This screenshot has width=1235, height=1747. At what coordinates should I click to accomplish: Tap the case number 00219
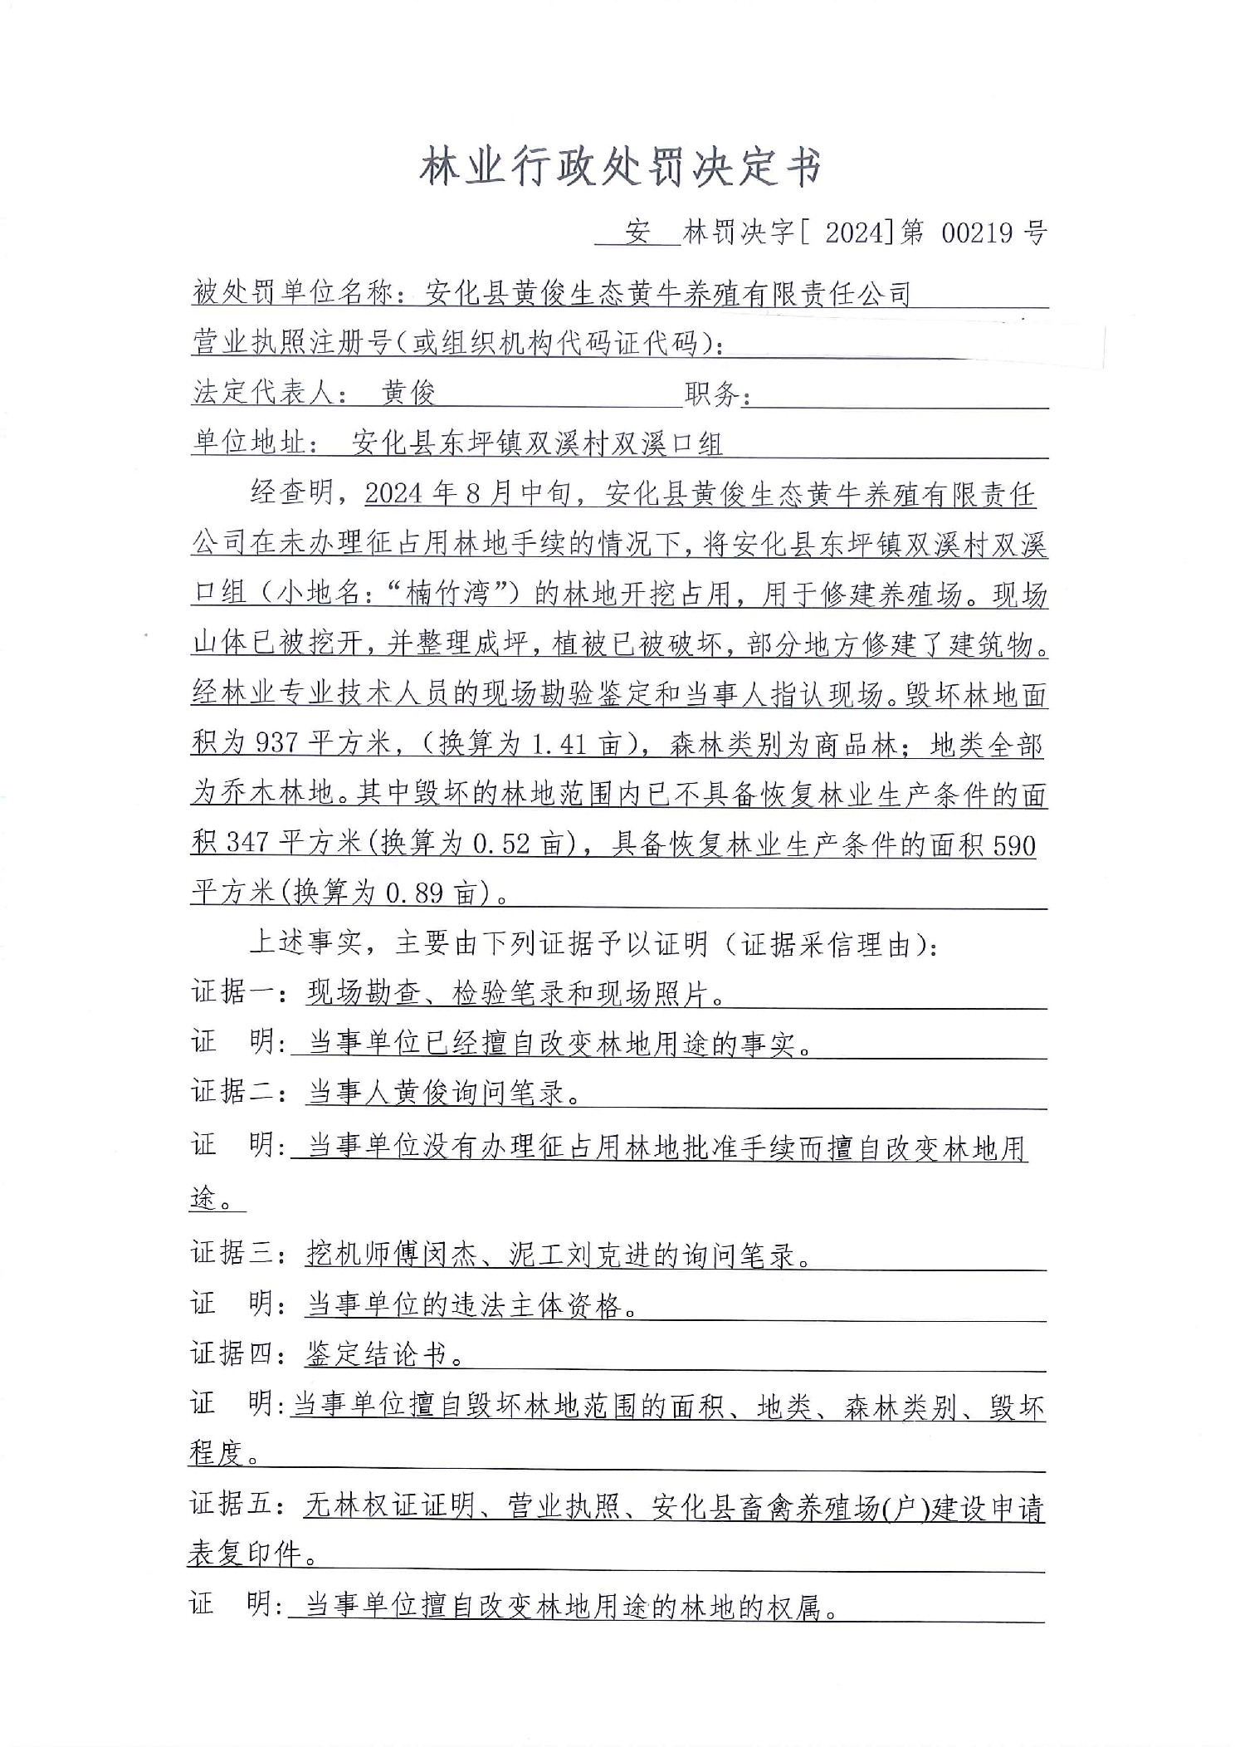click(977, 232)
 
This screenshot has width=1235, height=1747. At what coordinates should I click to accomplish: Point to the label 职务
click(710, 394)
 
